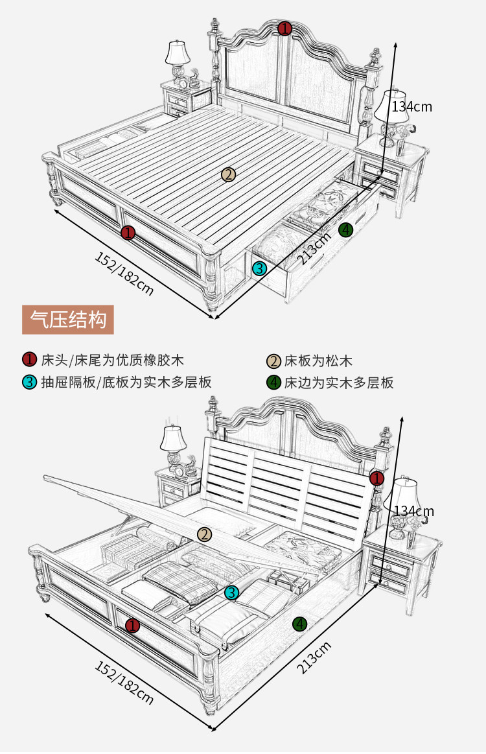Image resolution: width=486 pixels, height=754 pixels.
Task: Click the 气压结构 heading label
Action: click(68, 320)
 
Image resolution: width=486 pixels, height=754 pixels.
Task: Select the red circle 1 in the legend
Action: click(29, 360)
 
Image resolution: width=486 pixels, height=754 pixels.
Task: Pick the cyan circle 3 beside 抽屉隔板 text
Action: click(29, 382)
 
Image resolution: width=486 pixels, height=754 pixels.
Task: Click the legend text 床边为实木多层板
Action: click(339, 383)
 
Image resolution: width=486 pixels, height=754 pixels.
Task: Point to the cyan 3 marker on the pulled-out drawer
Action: click(259, 268)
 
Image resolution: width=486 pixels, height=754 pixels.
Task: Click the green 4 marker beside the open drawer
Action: click(346, 230)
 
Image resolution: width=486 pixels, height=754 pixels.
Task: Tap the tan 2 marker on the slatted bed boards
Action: click(228, 174)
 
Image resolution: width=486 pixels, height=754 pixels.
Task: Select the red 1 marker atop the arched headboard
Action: click(284, 29)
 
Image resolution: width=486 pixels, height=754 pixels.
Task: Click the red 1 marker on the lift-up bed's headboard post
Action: click(376, 479)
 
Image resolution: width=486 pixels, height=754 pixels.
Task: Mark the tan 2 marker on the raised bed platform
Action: click(205, 534)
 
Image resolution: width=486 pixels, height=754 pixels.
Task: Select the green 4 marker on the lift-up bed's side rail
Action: click(299, 624)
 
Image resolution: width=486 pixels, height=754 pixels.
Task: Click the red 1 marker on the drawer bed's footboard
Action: click(128, 232)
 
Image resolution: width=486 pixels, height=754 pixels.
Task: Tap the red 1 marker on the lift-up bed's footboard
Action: click(133, 625)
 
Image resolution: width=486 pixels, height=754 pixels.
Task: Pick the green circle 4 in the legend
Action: click(274, 382)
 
